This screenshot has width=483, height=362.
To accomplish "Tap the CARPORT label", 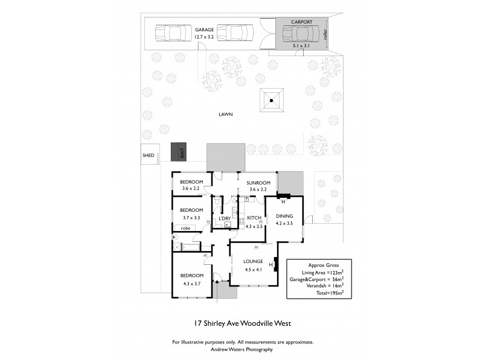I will click(301, 22).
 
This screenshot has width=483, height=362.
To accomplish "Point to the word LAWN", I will click(226, 113).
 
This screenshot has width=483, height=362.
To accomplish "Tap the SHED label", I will click(148, 156).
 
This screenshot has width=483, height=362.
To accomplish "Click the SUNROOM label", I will click(258, 182).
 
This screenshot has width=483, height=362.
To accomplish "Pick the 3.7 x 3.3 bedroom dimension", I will click(191, 217).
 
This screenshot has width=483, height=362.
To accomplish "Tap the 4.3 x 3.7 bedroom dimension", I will click(191, 282).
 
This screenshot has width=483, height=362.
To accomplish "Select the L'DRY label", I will click(225, 218).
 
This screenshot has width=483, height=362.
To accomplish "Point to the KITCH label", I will click(254, 217).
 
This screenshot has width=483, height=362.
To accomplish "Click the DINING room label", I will click(284, 215).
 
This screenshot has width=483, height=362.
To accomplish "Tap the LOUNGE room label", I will click(253, 261).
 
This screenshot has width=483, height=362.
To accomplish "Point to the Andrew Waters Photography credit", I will click(241, 350).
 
